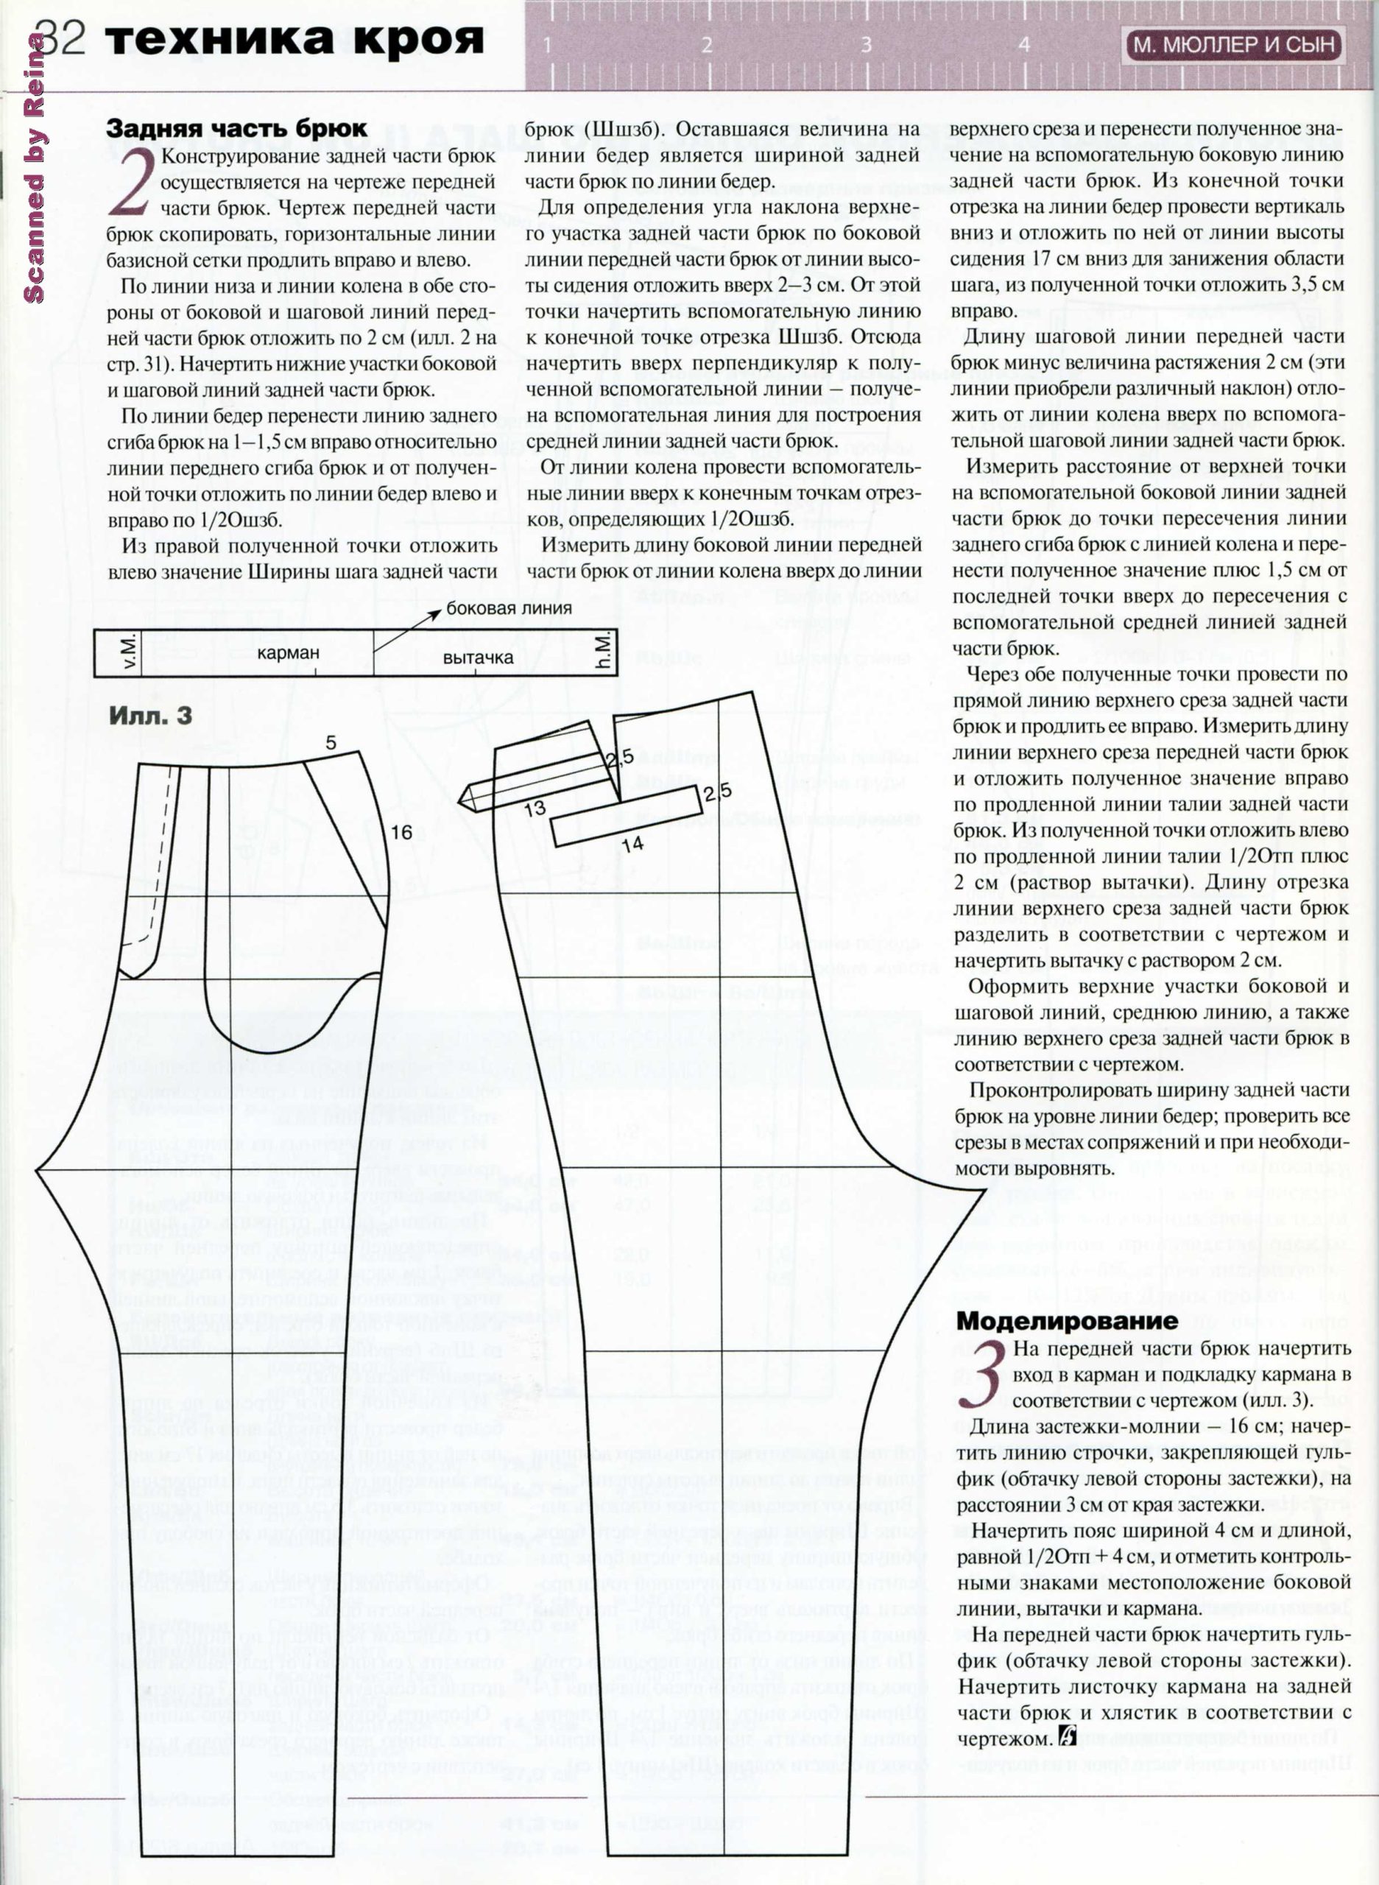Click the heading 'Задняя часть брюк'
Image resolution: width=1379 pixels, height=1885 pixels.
(236, 130)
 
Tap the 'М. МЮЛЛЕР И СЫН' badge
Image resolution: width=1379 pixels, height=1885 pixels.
(1233, 44)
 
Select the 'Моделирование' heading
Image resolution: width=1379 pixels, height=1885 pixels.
(1067, 1321)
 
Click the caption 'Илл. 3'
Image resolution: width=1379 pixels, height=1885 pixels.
(150, 716)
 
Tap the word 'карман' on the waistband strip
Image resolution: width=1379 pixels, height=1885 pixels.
(288, 652)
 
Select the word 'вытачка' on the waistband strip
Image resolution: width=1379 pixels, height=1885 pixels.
(478, 657)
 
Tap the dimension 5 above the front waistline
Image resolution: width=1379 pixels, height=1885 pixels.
(331, 742)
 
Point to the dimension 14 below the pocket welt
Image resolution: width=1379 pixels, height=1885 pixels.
(632, 844)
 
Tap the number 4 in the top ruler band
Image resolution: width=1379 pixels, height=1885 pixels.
(1024, 45)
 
